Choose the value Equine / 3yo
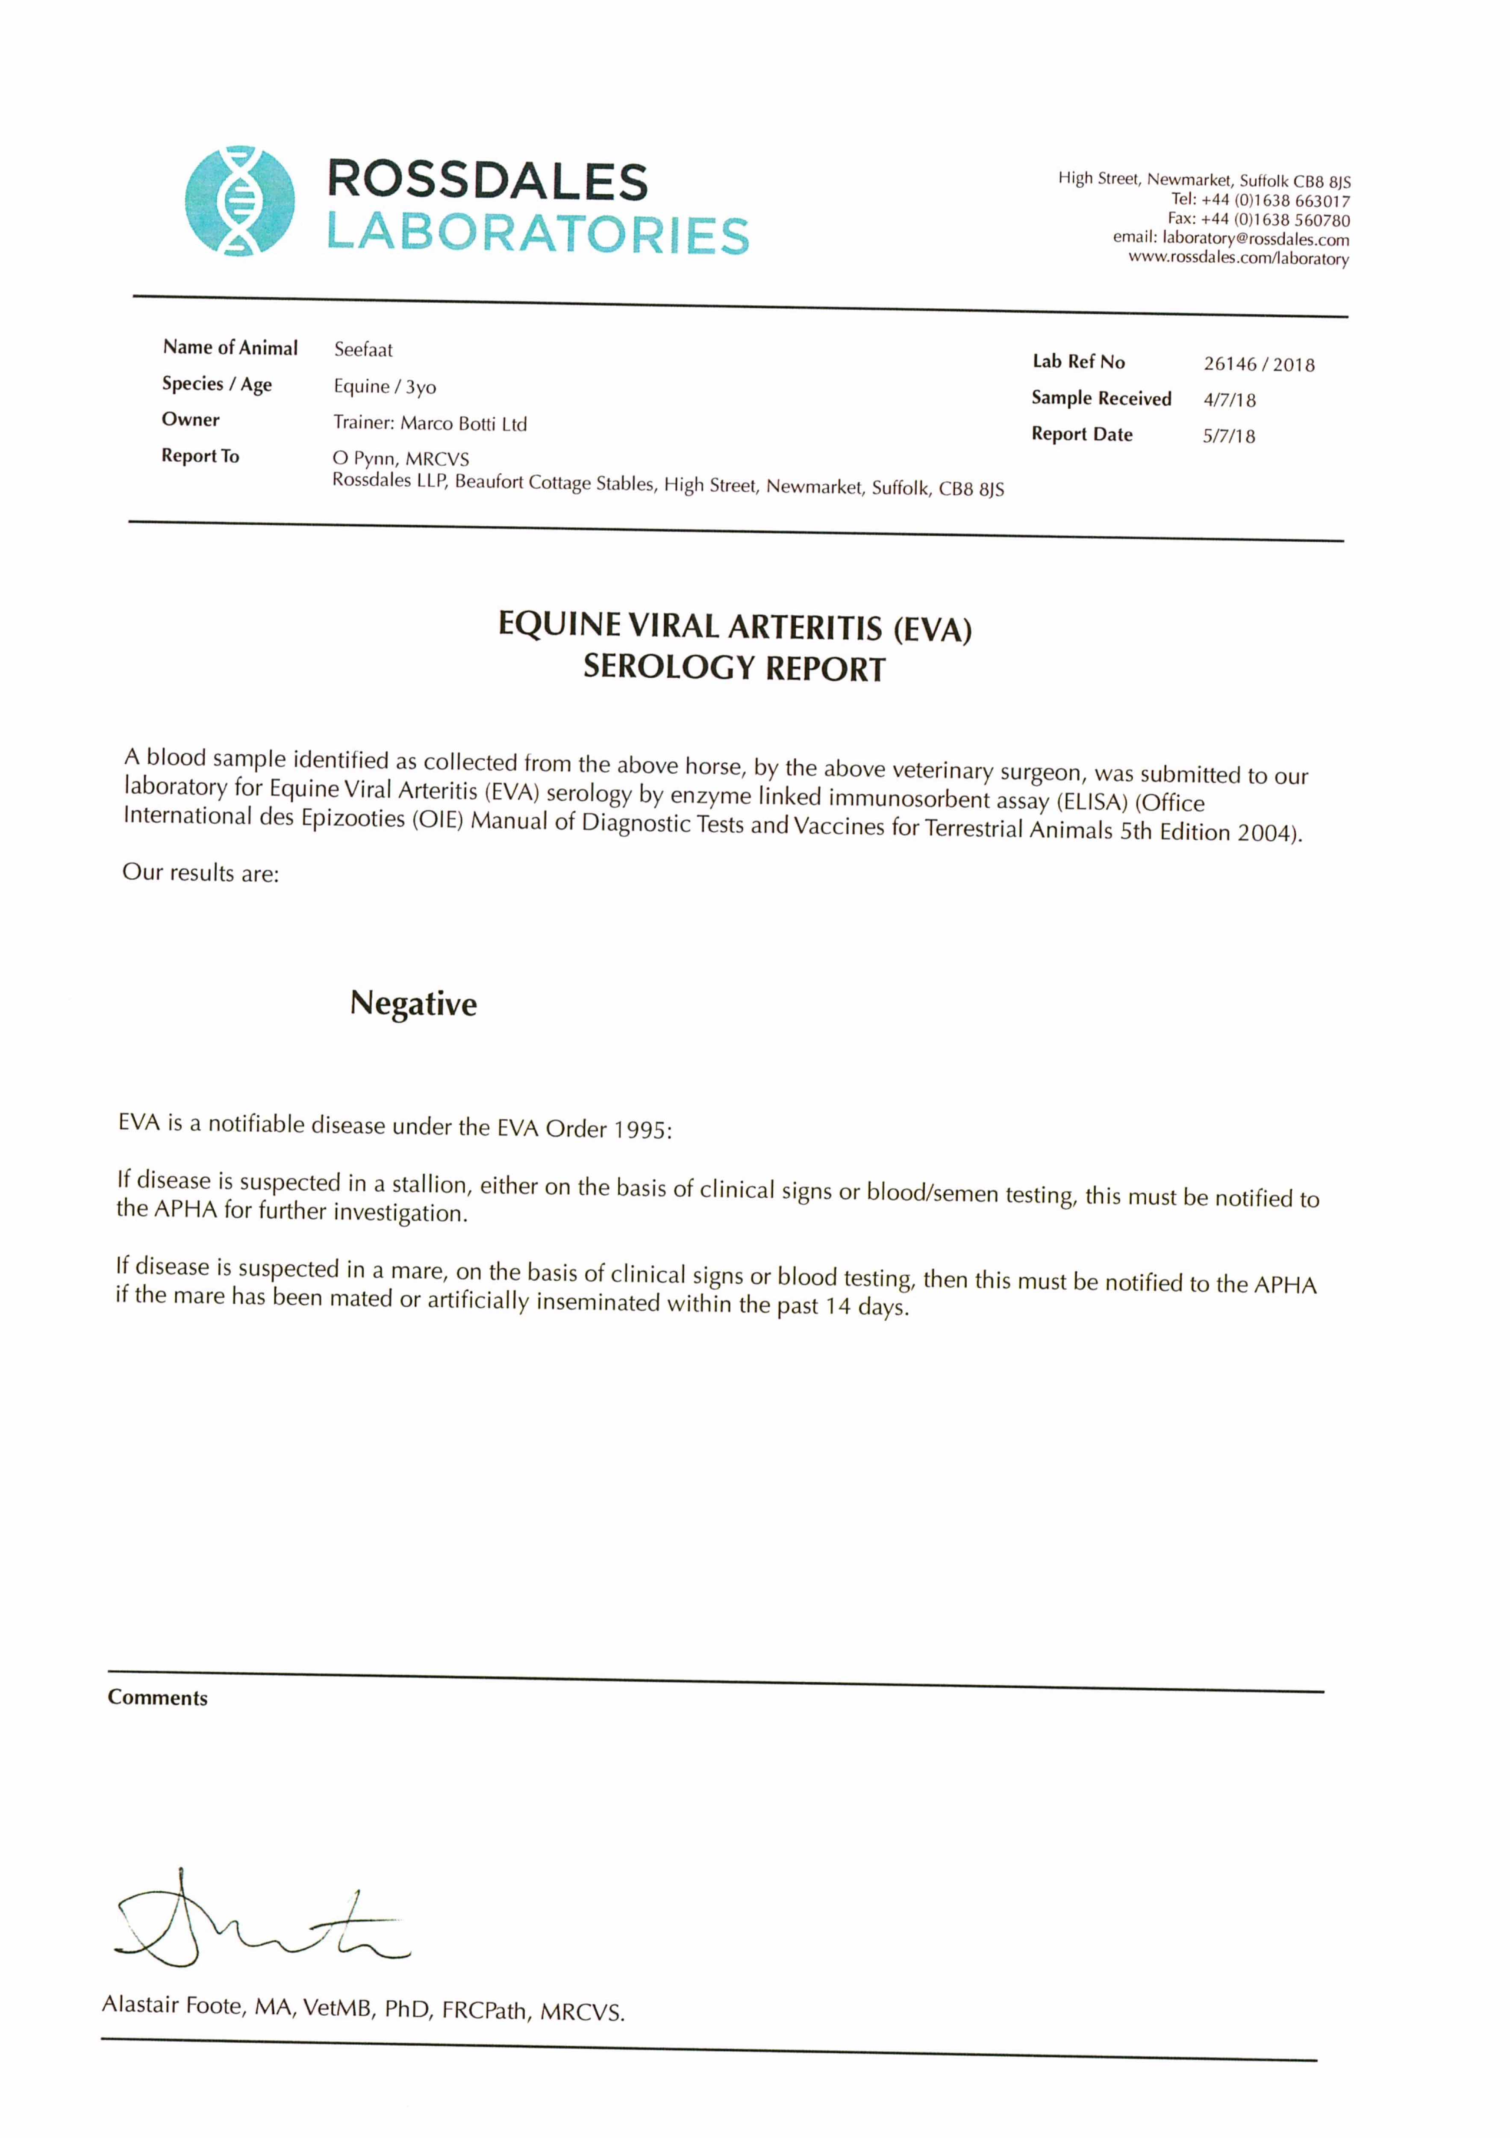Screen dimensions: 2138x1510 [385, 387]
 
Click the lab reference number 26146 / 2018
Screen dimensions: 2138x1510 [1259, 364]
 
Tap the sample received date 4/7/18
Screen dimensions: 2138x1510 [1229, 400]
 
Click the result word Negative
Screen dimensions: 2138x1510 [413, 1004]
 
